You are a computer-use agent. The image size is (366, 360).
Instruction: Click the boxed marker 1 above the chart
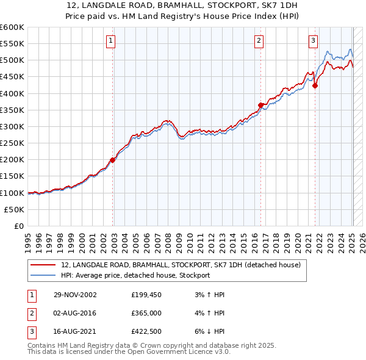(x=110, y=41)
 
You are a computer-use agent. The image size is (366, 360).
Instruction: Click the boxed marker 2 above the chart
(x=259, y=41)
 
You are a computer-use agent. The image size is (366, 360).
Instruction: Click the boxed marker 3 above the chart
(x=313, y=41)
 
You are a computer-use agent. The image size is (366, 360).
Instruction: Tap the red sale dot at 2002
(x=113, y=160)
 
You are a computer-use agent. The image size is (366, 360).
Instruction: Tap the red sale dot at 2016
(x=260, y=105)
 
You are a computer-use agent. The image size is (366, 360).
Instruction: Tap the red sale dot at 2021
(x=315, y=86)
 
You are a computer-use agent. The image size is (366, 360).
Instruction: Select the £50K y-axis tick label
(x=14, y=209)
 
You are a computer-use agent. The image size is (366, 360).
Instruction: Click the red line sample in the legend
(x=43, y=265)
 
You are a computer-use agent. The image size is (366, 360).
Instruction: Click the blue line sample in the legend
(x=43, y=275)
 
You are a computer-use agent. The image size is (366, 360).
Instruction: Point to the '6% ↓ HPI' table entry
(x=209, y=333)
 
